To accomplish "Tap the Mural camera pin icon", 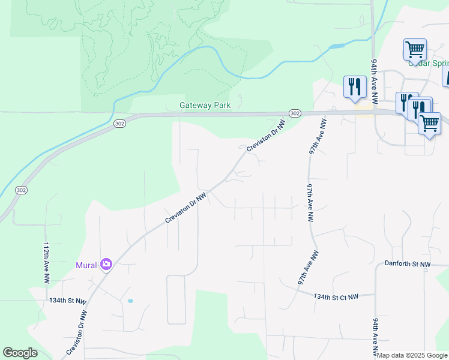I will pos(106,264).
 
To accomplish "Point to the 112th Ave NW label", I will pos(46,263).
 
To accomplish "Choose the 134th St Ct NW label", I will pos(336,296).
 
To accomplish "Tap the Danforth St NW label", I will pos(408,264).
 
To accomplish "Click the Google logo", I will pos(20,353).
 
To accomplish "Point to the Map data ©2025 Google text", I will pos(412,355).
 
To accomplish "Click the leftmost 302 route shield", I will pos(22,190).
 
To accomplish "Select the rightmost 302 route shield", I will pos(294,113).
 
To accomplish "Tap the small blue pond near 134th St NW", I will pos(130,301).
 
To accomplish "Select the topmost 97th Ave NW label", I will pos(318,137).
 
